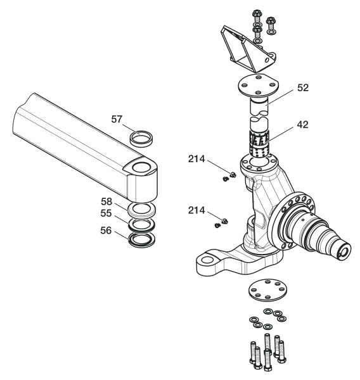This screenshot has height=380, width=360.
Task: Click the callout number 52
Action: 303,88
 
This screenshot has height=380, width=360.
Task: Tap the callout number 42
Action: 302,125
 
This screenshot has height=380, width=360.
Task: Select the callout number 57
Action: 117,119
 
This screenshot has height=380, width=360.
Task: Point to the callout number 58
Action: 106,201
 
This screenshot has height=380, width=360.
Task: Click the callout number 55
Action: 106,213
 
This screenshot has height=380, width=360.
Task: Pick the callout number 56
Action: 106,231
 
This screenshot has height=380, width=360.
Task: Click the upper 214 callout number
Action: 196,159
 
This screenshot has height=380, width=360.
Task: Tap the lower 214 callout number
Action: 196,210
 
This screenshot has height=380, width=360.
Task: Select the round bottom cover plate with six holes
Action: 267,290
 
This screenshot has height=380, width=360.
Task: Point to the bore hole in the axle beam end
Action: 141,167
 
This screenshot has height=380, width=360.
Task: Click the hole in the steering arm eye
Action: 207,260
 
